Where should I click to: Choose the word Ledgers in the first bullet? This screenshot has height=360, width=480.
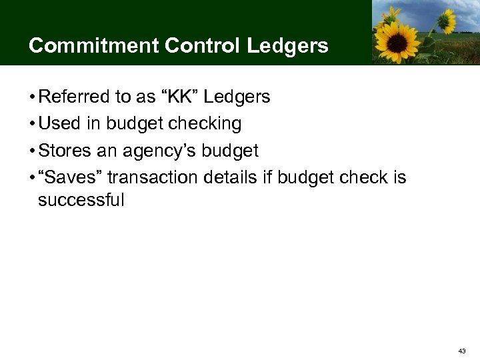point(237,97)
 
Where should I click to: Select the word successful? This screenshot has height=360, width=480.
point(81,200)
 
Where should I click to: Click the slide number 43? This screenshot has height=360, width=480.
point(462,350)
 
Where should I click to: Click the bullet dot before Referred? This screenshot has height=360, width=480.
point(32,98)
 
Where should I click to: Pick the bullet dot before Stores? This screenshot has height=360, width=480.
point(32,152)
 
